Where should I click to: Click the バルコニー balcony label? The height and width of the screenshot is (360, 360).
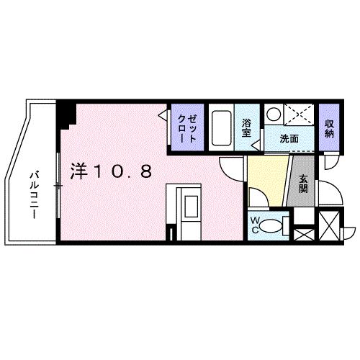34,189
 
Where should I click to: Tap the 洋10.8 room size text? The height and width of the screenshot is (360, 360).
111,171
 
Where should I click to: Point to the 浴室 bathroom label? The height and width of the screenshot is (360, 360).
246,127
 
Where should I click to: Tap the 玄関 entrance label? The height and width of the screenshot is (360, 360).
302,184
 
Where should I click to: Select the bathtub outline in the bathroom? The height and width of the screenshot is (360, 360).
222,130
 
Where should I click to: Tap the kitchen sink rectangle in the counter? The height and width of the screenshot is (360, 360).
189,207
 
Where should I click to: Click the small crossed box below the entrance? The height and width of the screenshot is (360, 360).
303,233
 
